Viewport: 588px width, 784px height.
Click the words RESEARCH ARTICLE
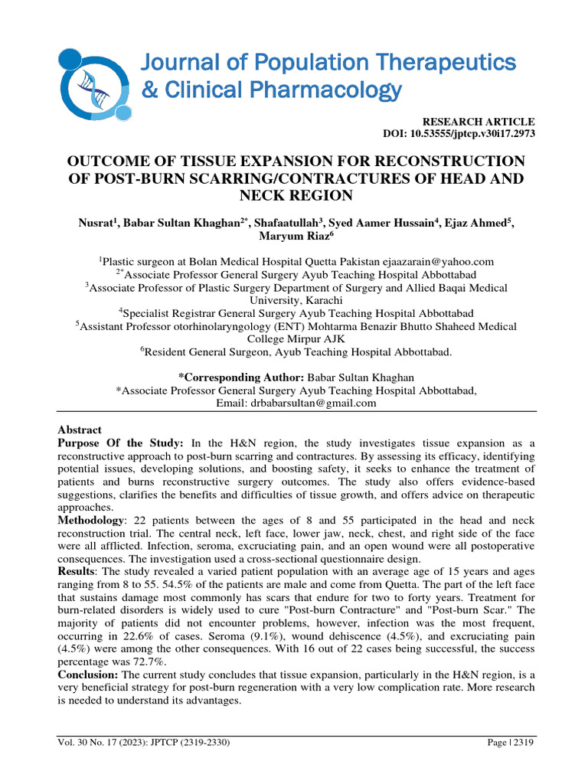pyautogui.click(x=479, y=122)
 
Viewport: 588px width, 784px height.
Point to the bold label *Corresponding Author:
pyautogui.click(x=241, y=377)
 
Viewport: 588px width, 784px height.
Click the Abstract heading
pyautogui.click(x=80, y=430)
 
